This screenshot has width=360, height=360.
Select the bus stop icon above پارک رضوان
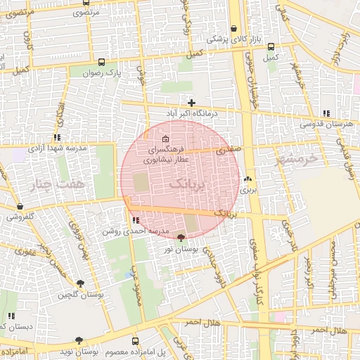tap(103, 62)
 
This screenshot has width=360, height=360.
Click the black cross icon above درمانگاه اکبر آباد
tap(191, 103)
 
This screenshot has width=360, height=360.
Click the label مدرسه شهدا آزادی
tap(57, 148)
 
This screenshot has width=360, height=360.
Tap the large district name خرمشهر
tap(298, 157)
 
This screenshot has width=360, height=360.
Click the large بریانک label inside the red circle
tap(188, 184)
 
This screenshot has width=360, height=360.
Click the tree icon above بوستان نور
tap(181, 238)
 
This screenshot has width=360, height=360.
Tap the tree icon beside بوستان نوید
tap(79, 341)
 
